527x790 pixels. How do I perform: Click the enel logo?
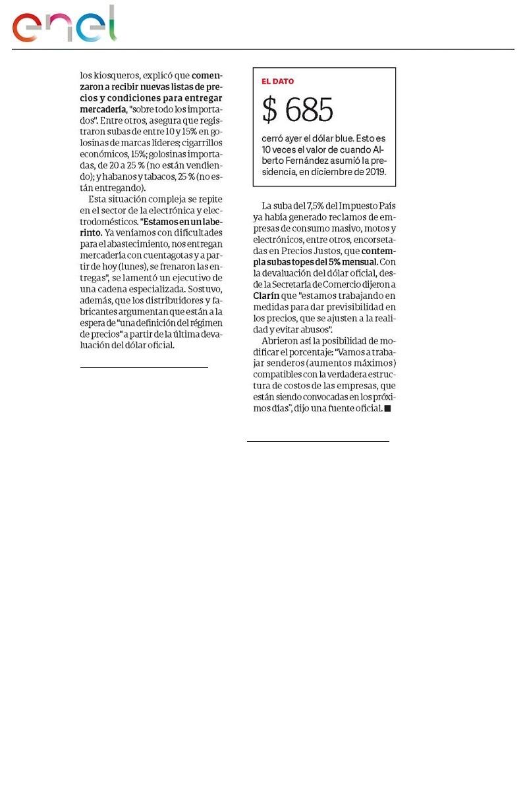point(64,25)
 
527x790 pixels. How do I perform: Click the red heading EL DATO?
point(277,82)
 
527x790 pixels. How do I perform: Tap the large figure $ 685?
point(298,110)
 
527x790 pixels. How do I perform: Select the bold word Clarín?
point(267,296)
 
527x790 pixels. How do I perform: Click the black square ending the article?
point(387,409)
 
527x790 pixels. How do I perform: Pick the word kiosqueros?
point(112,75)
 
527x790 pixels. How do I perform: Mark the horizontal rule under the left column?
point(144,367)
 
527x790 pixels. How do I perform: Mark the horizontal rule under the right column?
point(318,440)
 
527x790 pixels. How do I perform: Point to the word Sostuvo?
point(205,288)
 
